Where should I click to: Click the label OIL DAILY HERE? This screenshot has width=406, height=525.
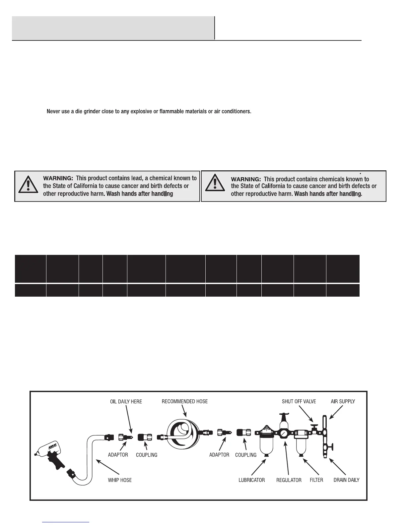pyautogui.click(x=126, y=401)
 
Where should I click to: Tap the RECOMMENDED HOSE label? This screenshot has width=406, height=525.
pyautogui.click(x=184, y=401)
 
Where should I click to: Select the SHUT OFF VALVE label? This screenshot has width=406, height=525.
pyautogui.click(x=299, y=401)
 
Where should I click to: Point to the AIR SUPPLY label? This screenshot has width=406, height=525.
pyautogui.click(x=343, y=401)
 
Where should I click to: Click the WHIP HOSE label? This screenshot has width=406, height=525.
pyautogui.click(x=120, y=480)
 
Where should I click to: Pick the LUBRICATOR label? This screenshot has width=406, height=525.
pyautogui.click(x=251, y=480)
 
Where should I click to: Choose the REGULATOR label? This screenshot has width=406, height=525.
pyautogui.click(x=289, y=480)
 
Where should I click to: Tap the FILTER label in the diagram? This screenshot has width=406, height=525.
pyautogui.click(x=316, y=480)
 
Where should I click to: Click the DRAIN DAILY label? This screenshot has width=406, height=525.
pyautogui.click(x=346, y=480)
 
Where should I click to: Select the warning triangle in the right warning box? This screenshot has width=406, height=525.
pyautogui.click(x=215, y=183)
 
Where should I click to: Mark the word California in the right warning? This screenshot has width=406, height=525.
pyautogui.click(x=273, y=186)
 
